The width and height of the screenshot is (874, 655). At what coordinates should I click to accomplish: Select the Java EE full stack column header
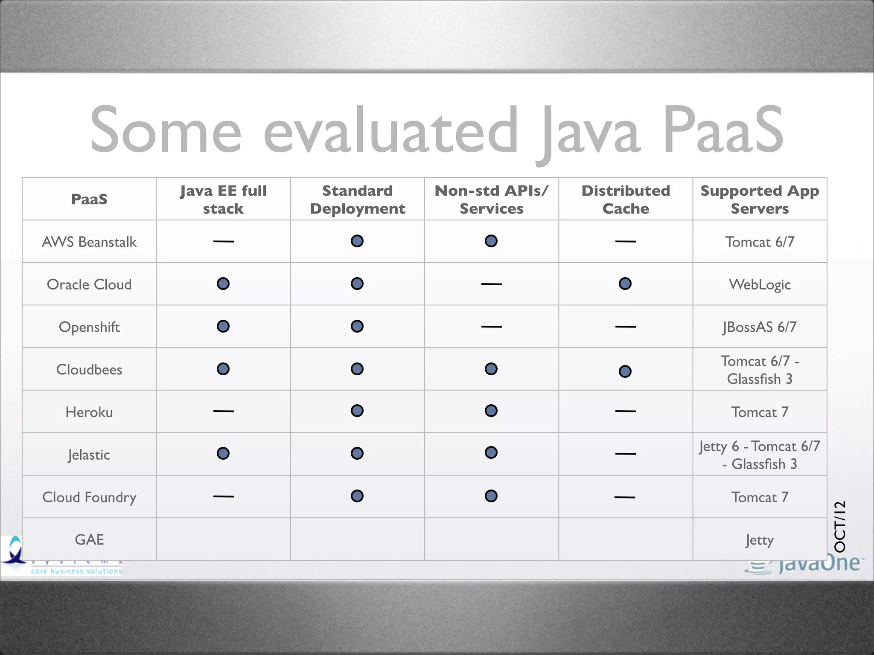223,199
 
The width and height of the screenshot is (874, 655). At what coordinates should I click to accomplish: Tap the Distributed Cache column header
626,199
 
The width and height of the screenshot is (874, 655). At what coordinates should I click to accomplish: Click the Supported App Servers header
760,199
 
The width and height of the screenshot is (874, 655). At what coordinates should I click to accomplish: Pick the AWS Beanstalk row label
89,242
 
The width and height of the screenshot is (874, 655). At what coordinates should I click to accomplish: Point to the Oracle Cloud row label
89,284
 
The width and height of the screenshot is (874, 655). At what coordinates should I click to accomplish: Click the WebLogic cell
760,284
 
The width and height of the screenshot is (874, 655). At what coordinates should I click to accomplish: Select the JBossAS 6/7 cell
760,327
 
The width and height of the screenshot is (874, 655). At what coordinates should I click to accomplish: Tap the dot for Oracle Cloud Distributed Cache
625,284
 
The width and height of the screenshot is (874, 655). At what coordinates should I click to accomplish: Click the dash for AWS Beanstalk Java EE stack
224,241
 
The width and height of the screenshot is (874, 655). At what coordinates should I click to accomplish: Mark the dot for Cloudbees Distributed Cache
625,371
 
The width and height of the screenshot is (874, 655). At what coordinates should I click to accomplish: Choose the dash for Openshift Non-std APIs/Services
491,327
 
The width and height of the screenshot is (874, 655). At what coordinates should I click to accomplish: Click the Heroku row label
89,412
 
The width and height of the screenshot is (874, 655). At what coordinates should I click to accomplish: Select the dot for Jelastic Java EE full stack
223,453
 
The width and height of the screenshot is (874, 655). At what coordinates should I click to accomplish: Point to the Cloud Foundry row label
89,497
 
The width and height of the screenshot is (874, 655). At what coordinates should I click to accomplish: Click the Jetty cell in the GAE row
760,540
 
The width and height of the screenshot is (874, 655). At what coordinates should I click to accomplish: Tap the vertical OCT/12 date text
839,527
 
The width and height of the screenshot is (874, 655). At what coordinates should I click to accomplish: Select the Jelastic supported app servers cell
760,455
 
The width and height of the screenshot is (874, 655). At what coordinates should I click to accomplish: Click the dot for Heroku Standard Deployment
357,411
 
